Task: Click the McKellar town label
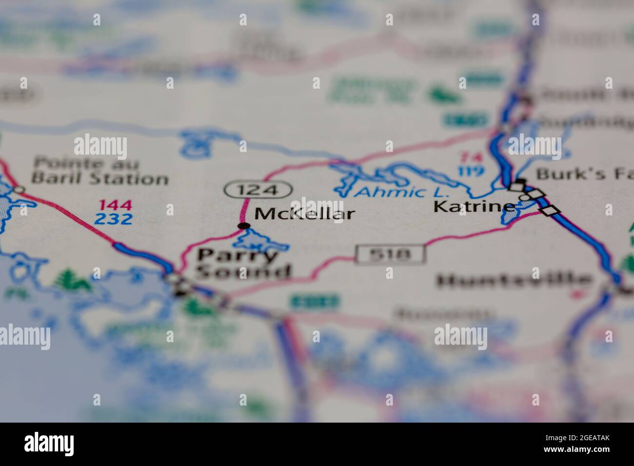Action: (305, 214)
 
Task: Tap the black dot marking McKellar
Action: (243, 225)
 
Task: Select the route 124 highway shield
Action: (258, 189)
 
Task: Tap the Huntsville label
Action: (515, 280)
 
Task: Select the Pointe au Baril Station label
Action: (100, 171)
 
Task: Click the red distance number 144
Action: (115, 205)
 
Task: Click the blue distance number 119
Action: (471, 171)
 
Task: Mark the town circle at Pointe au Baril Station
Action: (18, 190)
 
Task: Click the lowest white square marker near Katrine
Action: (550, 211)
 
